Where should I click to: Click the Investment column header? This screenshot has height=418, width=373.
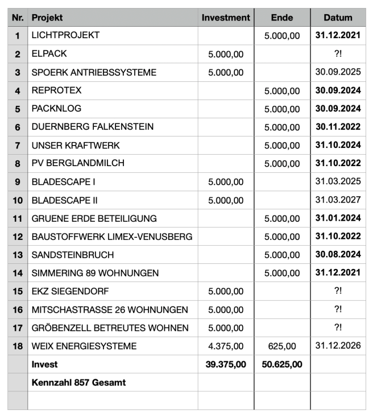(x=226, y=18)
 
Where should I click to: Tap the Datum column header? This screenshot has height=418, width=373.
(x=338, y=18)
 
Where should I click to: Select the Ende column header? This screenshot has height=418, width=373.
(x=282, y=18)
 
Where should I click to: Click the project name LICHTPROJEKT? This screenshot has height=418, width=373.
(x=65, y=35)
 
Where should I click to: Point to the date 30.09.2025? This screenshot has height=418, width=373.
(x=338, y=72)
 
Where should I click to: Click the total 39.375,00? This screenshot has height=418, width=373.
(x=226, y=365)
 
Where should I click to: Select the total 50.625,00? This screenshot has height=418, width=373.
(x=282, y=365)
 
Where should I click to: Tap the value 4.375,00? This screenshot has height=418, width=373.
(x=226, y=346)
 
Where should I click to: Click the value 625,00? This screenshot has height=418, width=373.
(x=282, y=346)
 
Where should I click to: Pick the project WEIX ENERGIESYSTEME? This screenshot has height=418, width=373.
(x=84, y=346)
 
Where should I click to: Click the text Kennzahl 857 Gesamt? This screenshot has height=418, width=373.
(x=78, y=383)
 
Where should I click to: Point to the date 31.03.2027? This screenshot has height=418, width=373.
(x=338, y=200)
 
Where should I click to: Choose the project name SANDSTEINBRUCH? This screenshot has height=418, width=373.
(x=73, y=255)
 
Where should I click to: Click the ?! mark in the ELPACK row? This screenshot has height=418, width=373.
(x=338, y=54)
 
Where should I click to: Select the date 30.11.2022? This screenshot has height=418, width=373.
(x=338, y=127)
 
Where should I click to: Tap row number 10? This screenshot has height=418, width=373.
(x=18, y=200)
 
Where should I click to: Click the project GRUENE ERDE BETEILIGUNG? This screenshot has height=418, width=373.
(x=94, y=218)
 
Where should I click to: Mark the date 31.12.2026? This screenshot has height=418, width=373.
(x=338, y=346)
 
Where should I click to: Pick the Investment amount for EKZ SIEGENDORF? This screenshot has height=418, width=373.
(x=226, y=291)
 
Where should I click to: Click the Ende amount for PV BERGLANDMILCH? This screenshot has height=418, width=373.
(x=282, y=164)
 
